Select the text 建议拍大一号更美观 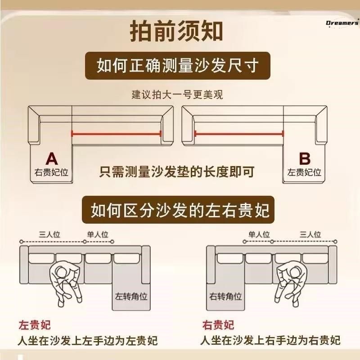[x=177, y=95]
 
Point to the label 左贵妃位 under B [x=305, y=172]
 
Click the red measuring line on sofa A [x=116, y=133]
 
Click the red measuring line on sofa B [x=239, y=133]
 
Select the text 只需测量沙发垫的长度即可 [x=177, y=172]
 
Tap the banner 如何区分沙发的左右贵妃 [x=180, y=210]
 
